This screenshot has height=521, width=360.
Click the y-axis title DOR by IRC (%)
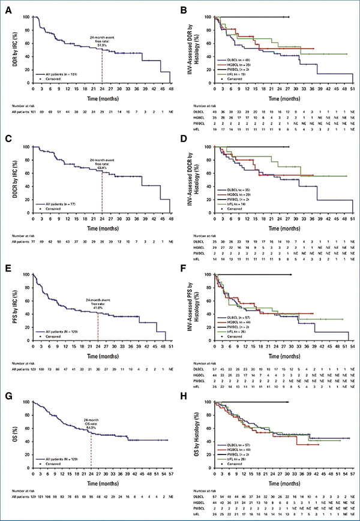click(8, 49)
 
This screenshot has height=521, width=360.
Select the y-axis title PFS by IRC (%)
click(8, 308)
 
